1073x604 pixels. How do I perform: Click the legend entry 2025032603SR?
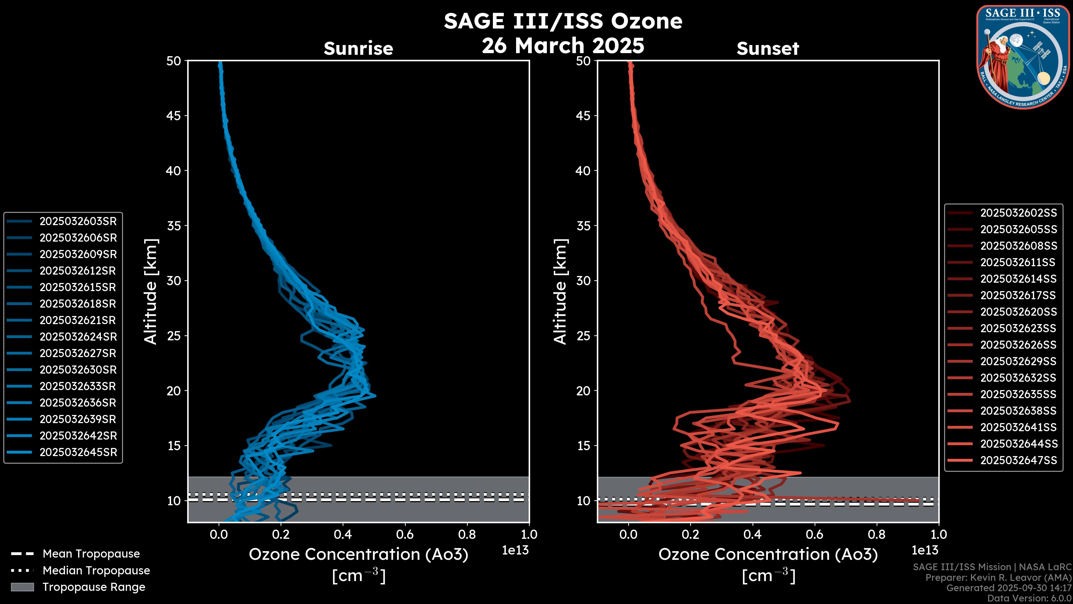[x=78, y=221]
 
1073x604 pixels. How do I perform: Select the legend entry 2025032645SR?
[x=78, y=452]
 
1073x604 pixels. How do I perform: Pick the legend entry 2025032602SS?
[x=1018, y=213]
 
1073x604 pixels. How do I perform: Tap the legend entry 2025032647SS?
[x=1018, y=460]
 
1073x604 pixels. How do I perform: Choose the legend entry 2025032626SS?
[x=1018, y=345]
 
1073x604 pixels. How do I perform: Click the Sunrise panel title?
[x=358, y=48]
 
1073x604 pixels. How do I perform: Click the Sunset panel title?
[x=768, y=48]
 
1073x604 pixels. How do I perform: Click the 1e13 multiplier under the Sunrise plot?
[x=515, y=550]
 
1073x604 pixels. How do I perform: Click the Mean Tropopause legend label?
[x=91, y=554]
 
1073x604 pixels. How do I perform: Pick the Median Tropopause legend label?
[x=96, y=571]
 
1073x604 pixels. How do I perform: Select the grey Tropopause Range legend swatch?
[x=22, y=587]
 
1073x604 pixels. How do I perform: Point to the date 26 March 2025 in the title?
[x=563, y=45]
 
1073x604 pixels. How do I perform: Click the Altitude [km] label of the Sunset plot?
[x=560, y=292]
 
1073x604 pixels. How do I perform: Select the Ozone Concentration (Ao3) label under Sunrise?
[x=358, y=555]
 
